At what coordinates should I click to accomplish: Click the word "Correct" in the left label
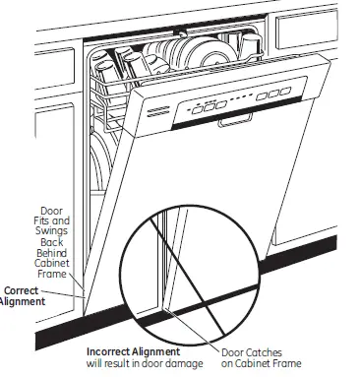(21, 290)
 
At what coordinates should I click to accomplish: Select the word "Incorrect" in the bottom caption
(116, 350)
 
